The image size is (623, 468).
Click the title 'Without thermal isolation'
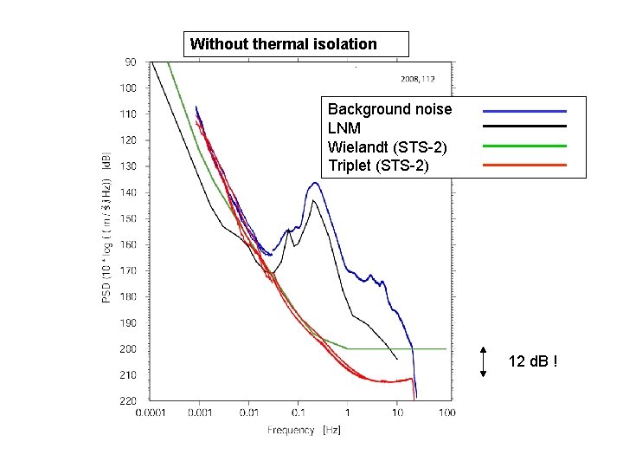[x=284, y=43]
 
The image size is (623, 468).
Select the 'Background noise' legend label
[x=389, y=110]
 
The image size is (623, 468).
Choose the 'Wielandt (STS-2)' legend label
[x=385, y=146]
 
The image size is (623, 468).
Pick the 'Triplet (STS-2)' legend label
[x=378, y=165]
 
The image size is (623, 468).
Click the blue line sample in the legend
[x=524, y=111]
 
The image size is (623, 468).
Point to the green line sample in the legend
[x=524, y=146]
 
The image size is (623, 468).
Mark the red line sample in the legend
[x=524, y=165]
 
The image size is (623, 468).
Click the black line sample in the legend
[x=524, y=128]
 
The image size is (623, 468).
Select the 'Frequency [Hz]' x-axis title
[x=302, y=431]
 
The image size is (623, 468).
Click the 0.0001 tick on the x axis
[x=152, y=413]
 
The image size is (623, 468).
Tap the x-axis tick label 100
[x=447, y=413]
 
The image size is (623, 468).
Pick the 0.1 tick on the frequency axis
[x=299, y=413]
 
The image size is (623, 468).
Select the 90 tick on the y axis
[x=130, y=62]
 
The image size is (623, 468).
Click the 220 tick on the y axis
[x=127, y=401]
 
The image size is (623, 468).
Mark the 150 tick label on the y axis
[x=127, y=218]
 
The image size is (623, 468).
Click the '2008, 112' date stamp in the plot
[x=417, y=78]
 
